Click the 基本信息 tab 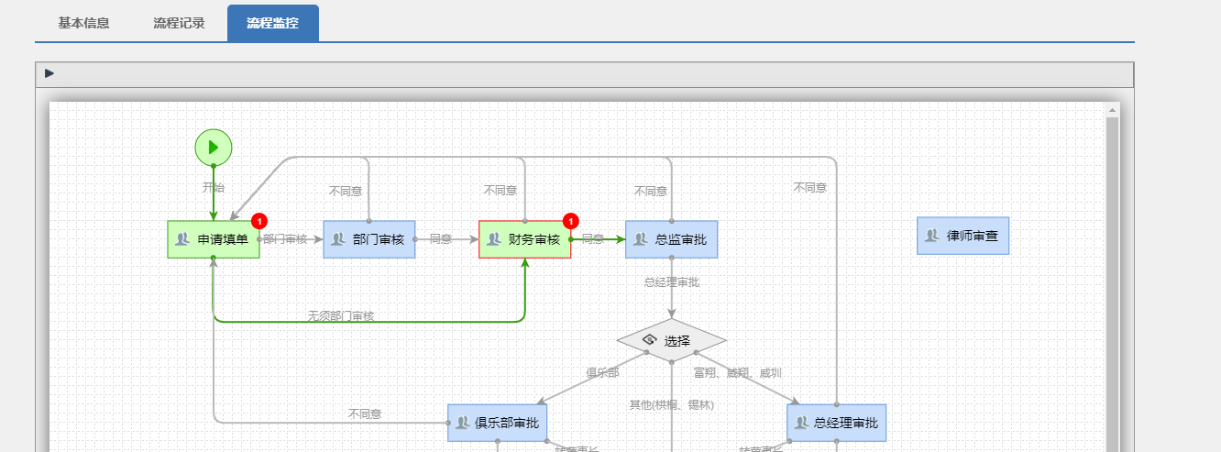click(83, 23)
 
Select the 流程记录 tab click(179, 23)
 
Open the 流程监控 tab click(272, 23)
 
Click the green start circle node click(214, 147)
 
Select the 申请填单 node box click(214, 239)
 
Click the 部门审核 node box click(369, 239)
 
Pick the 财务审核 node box click(524, 239)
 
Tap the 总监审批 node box click(672, 239)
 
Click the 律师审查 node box click(962, 236)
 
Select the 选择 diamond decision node click(672, 340)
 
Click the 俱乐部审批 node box click(498, 423)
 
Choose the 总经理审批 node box click(837, 423)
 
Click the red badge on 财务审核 click(571, 221)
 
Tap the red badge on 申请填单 click(259, 221)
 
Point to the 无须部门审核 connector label click(341, 315)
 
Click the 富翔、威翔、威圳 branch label click(738, 372)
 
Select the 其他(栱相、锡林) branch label click(671, 404)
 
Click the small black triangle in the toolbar click(49, 73)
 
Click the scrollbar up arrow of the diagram click(1113, 110)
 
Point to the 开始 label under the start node click(214, 187)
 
